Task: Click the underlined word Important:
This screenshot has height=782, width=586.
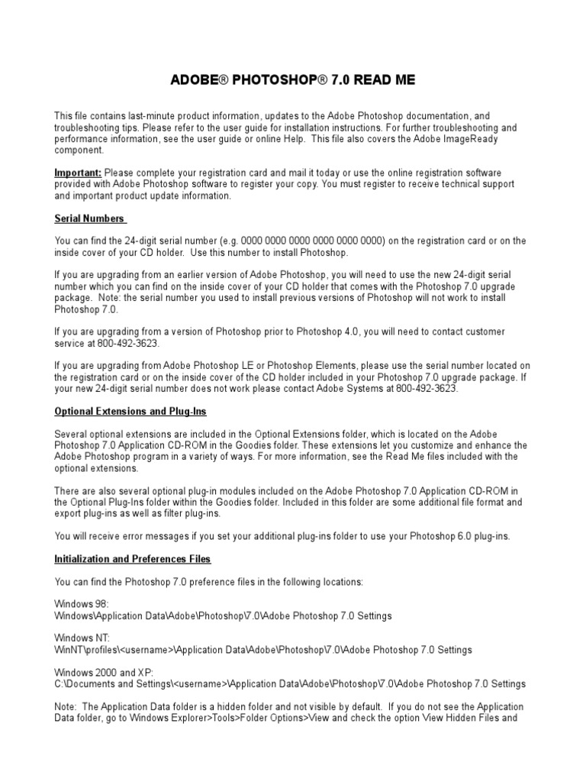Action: pyautogui.click(x=79, y=173)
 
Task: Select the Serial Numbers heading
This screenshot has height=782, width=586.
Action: pyautogui.click(x=89, y=218)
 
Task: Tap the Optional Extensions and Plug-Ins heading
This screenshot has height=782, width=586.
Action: pyautogui.click(x=130, y=411)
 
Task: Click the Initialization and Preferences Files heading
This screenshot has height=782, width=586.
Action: pyautogui.click(x=133, y=559)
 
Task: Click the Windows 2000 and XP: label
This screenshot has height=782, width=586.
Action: pyautogui.click(x=104, y=672)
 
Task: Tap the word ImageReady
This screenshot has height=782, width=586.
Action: pyautogui.click(x=479, y=140)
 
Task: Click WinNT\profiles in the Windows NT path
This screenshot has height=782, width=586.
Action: pyautogui.click(x=85, y=650)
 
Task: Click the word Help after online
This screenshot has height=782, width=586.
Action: pyautogui.click(x=285, y=140)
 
